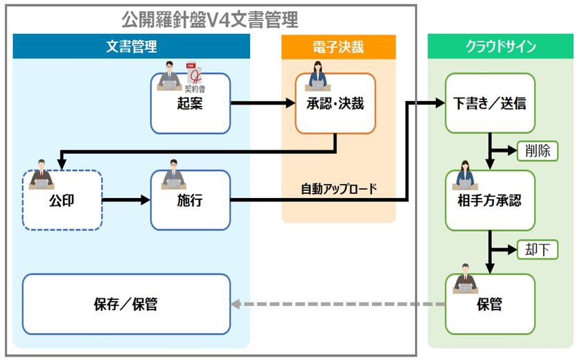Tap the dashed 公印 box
62,200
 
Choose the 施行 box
191,200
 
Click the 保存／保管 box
126,304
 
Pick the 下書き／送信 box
490,103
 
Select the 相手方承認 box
490,200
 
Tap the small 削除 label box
538,151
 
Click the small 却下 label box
538,249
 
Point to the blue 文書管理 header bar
132,46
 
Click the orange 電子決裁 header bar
339,47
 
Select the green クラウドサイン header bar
501,46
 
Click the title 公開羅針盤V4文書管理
210,19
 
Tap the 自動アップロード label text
339,189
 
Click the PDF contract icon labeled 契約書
195,77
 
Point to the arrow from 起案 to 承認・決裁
263,102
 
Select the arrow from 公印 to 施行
126,200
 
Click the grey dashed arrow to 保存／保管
338,304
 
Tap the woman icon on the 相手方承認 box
465,175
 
